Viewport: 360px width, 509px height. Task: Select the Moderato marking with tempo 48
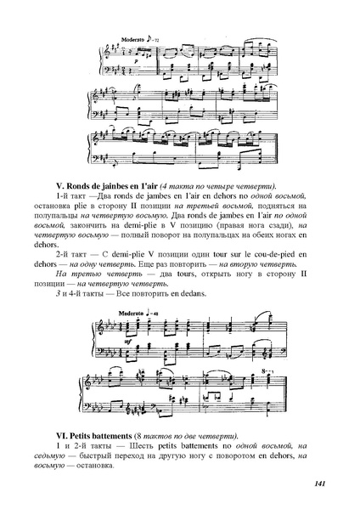coord(133,313)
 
